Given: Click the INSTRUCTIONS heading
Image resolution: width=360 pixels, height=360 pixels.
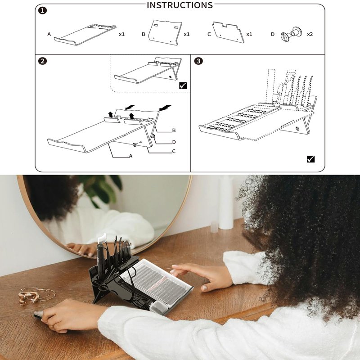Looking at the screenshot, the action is tap(180, 5).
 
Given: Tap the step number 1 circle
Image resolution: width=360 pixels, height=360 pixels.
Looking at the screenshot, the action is tap(42, 11).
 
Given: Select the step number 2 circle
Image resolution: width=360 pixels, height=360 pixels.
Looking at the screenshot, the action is tap(42, 61).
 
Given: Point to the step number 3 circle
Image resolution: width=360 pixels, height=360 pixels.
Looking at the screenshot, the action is tap(198, 61).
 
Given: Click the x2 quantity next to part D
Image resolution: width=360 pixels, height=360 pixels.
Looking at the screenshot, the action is tap(310, 34).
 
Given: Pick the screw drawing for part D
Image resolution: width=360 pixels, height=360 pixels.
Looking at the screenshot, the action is tap(291, 34).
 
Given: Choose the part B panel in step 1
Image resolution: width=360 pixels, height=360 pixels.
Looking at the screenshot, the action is tap(165, 32).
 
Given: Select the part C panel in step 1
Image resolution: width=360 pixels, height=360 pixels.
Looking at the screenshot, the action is tap(229, 32).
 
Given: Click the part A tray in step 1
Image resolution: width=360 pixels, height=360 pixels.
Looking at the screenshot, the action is tap(86, 34).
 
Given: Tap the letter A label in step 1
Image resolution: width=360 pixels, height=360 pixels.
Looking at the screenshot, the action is tap(49, 34).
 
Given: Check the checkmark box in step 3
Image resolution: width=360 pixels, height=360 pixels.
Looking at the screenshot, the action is tap(310, 159).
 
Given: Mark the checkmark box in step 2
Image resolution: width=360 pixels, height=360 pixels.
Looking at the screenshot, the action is tap(183, 85).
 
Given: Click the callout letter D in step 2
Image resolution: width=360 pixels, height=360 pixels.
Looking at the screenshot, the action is tap(174, 142).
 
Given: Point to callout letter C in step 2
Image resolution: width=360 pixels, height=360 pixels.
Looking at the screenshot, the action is tap(174, 151).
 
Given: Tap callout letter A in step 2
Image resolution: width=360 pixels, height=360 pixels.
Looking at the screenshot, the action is tap(130, 156).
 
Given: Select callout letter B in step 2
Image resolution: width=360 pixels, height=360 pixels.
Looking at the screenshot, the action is tap(174, 130).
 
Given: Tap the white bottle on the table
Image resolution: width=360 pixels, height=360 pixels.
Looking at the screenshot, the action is tap(226, 202).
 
